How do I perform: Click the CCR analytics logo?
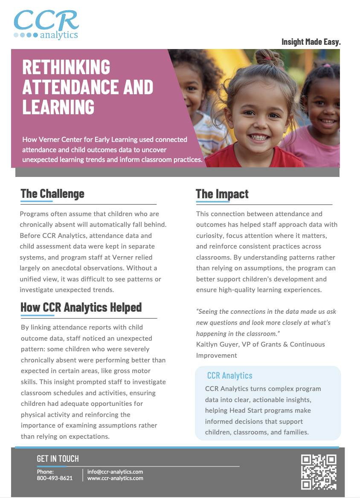click(46, 25)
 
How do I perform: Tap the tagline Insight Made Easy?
click(311, 42)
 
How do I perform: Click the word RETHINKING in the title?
click(66, 67)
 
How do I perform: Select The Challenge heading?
click(52, 194)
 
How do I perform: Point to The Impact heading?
click(222, 194)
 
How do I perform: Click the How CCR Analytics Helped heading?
click(81, 307)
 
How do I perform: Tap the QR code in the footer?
click(319, 472)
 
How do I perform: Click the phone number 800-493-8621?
click(55, 478)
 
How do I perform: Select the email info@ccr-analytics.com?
click(115, 472)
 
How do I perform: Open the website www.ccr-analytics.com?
click(115, 478)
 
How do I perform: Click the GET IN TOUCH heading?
click(58, 459)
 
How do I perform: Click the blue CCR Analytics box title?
click(229, 376)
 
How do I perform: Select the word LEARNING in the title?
click(58, 107)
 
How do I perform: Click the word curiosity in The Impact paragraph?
click(211, 235)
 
